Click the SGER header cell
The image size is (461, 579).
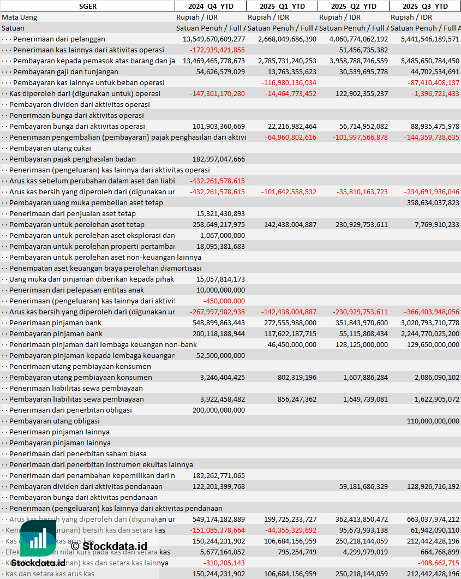(87, 6)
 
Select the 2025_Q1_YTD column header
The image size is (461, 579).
(281, 6)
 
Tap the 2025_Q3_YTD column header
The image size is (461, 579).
(425, 6)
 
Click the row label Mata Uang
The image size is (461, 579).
(20, 17)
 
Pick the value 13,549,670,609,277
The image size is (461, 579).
(214, 39)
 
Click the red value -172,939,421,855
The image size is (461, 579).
(217, 50)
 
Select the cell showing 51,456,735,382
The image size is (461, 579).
(360, 50)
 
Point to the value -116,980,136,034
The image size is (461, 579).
(289, 82)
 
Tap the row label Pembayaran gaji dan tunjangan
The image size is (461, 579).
(65, 71)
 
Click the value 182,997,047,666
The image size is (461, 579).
(219, 159)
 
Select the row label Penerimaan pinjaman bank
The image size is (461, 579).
(55, 323)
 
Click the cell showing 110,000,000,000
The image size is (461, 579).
(433, 421)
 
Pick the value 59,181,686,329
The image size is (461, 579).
(360, 486)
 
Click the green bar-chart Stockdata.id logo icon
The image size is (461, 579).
(38, 540)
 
